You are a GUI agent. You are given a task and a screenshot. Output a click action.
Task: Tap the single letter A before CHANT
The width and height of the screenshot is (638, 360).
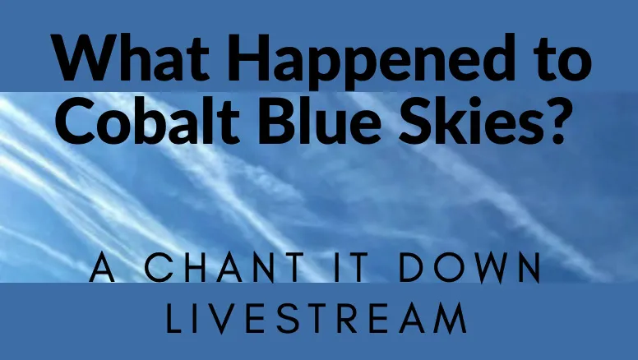point(102,268)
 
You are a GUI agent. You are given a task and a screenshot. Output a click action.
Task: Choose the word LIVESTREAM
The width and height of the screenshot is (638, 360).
point(317,319)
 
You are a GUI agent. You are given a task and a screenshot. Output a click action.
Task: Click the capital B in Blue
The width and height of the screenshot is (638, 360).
point(280,121)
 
